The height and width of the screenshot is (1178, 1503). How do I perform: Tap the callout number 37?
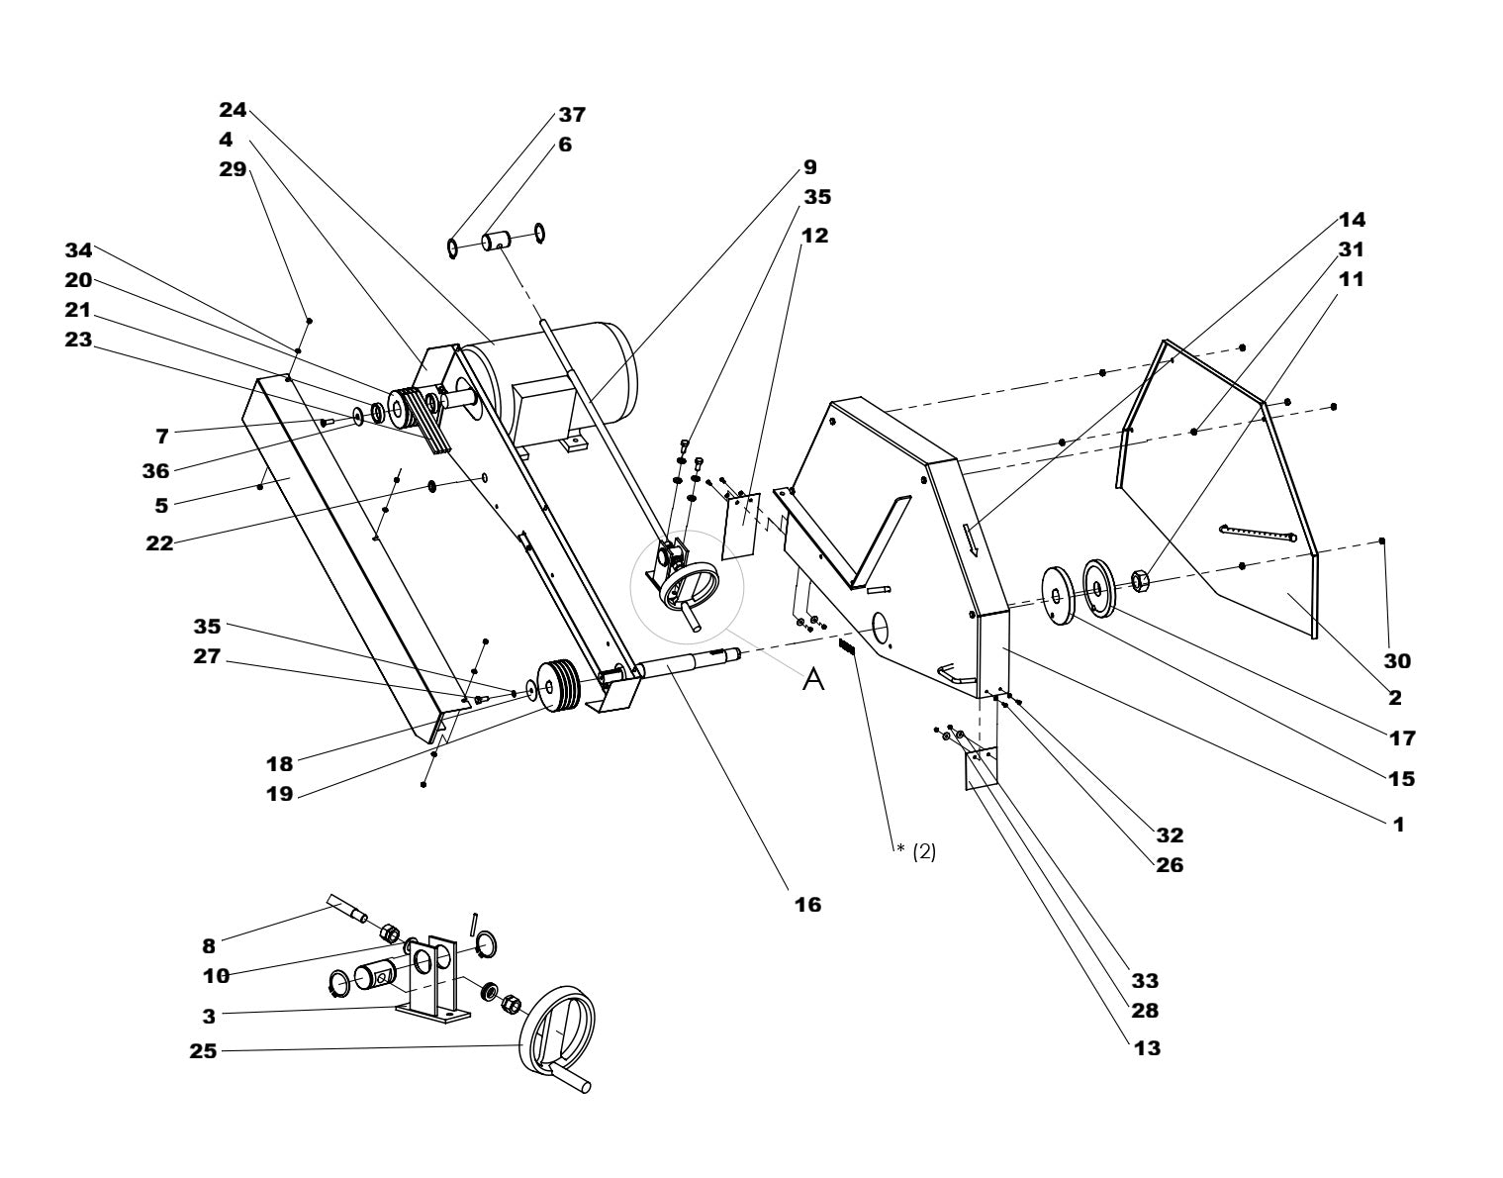[572, 115]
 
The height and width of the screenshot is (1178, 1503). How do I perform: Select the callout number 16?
[807, 904]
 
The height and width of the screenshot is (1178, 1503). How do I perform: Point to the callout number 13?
[1147, 1047]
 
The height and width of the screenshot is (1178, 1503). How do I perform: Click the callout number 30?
[1397, 660]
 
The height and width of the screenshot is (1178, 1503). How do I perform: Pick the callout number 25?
[204, 1051]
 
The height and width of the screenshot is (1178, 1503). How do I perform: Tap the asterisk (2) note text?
[915, 851]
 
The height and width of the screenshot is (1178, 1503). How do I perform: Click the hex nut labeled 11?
[1139, 578]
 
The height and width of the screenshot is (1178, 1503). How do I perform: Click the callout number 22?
[159, 542]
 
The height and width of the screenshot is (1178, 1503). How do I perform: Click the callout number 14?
[1352, 219]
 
